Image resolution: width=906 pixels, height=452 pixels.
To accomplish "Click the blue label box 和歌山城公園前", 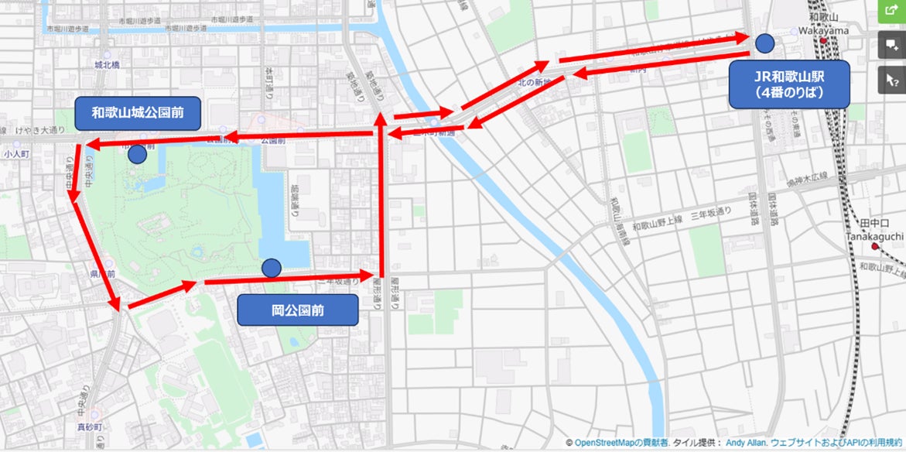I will (138, 113).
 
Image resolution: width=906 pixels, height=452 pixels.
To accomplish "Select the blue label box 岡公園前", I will (298, 310).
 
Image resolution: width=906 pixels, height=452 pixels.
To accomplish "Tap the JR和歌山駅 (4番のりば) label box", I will (789, 84).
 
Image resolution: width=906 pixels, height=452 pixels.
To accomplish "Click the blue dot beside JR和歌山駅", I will (765, 43).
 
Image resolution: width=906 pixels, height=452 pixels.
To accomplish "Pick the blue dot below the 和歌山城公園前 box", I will (137, 154).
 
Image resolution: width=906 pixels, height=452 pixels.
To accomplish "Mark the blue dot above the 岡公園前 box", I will (272, 268).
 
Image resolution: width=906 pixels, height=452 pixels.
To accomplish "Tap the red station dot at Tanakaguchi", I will (875, 246).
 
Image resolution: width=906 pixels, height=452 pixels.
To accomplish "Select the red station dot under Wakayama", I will (825, 40).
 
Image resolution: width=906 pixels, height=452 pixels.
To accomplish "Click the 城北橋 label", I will (107, 66).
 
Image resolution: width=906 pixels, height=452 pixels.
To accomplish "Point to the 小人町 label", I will (15, 154).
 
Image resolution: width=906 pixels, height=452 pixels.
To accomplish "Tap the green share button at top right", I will (892, 12).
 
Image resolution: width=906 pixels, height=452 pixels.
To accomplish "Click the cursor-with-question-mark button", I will (892, 78).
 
